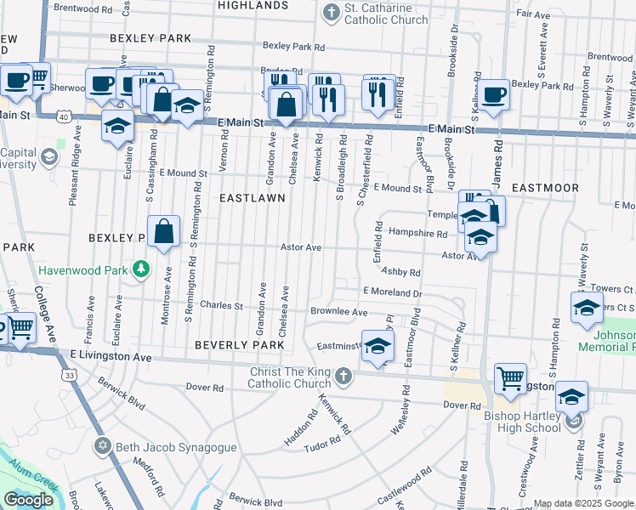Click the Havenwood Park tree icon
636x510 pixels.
[141, 270]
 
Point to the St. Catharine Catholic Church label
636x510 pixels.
[385, 14]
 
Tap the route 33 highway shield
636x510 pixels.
[66, 374]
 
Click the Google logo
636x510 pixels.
[28, 500]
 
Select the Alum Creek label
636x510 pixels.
[30, 477]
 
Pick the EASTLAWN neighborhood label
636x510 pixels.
[252, 197]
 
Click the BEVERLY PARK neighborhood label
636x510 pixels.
[239, 345]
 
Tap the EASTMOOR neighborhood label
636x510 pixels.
[545, 187]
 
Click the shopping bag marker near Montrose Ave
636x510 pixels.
[164, 231]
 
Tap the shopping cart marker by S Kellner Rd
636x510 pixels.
[510, 379]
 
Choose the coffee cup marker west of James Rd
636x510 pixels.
[492, 95]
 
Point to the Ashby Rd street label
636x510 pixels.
[400, 272]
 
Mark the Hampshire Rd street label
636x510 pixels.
[417, 232]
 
